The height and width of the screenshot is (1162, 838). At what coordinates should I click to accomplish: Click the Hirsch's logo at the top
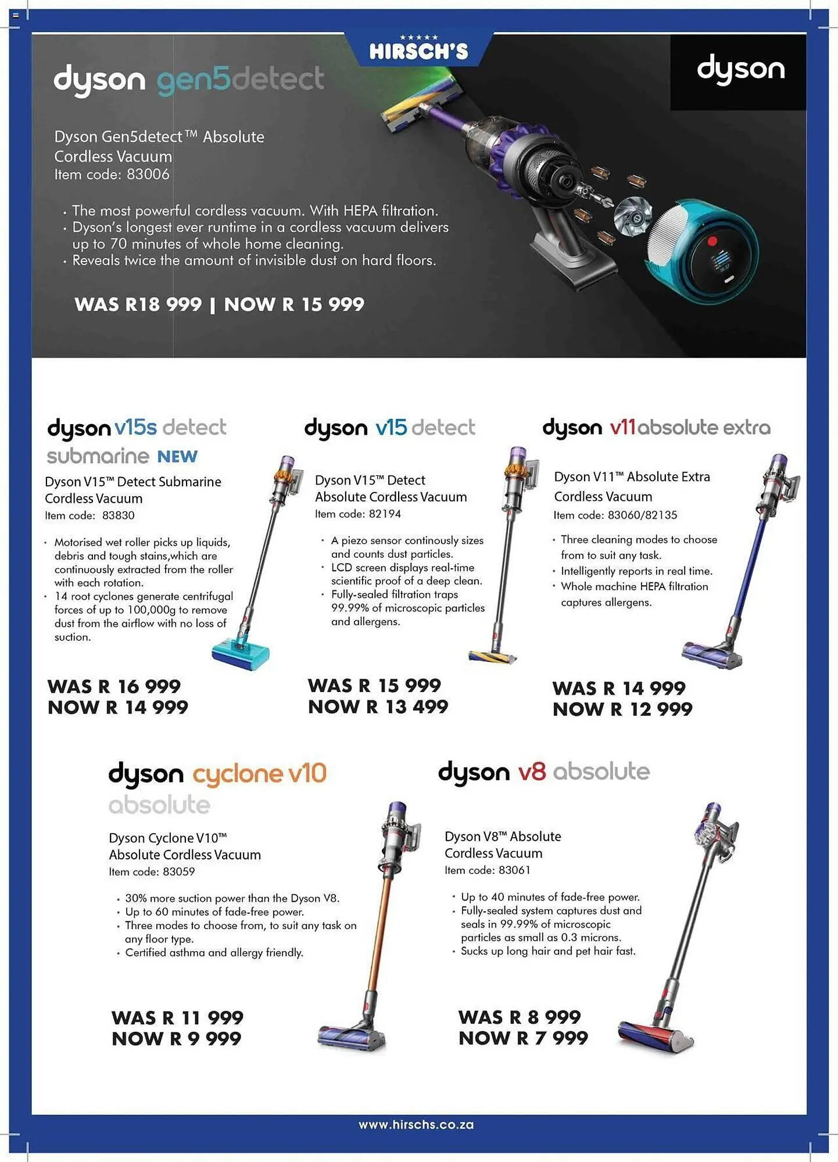[418, 49]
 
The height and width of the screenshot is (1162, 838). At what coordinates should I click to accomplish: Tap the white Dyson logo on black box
[740, 70]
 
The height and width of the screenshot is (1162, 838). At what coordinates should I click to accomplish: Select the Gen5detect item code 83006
[112, 174]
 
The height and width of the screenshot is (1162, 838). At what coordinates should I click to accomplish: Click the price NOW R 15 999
[294, 304]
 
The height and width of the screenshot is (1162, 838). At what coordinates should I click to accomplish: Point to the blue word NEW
[177, 457]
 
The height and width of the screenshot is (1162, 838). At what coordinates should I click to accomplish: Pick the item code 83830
[89, 515]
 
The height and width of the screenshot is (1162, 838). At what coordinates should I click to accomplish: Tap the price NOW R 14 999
[118, 708]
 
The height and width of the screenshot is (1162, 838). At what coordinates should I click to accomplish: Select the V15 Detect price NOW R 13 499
[378, 707]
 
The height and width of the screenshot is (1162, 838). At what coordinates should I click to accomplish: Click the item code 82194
[357, 514]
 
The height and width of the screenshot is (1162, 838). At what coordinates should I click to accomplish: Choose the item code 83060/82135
[615, 515]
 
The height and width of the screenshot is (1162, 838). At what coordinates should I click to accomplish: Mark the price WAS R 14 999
[619, 688]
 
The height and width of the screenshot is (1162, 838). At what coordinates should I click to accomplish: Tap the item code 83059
[152, 871]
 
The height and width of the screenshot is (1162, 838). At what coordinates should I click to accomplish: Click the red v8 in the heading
[532, 772]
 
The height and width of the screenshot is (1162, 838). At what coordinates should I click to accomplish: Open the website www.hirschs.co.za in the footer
[416, 1125]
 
